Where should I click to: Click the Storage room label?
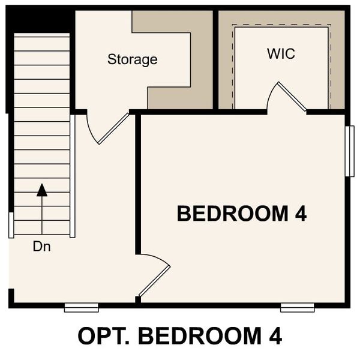132,59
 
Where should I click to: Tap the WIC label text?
281,53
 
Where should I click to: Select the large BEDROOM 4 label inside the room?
242,213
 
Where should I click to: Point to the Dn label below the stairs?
41,246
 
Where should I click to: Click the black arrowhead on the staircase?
41,191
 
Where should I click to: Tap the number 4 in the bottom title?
274,336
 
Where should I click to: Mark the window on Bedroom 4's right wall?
349,151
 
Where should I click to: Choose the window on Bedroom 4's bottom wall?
297,308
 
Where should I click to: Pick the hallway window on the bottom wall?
81,308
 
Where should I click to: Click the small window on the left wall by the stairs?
11,224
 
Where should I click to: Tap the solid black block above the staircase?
40,21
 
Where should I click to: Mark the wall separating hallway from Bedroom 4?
137,180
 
